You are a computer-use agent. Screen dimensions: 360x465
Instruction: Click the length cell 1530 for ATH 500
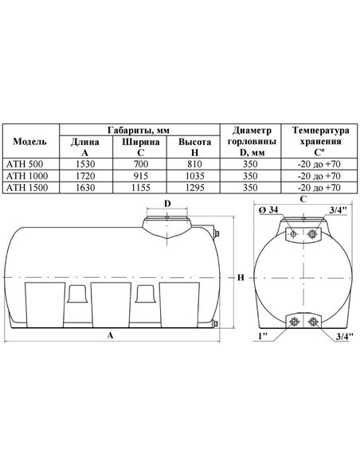pyautogui.click(x=85, y=164)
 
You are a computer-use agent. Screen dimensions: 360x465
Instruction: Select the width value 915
pyautogui.click(x=140, y=176)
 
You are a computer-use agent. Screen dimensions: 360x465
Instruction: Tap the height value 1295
pyautogui.click(x=195, y=187)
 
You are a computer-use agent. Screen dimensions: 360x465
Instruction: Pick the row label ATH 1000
pyautogui.click(x=27, y=176)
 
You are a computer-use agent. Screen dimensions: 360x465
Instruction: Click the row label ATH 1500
pyautogui.click(x=27, y=187)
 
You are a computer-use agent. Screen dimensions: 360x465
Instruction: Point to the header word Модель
pyautogui.click(x=30, y=142)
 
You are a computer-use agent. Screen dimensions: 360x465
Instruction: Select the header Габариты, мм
pyautogui.click(x=139, y=131)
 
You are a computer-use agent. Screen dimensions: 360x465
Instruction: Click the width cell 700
pyautogui.click(x=140, y=164)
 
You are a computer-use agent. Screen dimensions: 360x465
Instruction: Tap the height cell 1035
pyautogui.click(x=195, y=176)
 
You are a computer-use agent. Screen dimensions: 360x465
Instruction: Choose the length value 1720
pyautogui.click(x=85, y=176)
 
